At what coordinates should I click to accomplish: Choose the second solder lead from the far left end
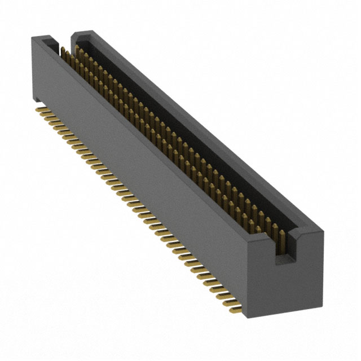pos(43,111)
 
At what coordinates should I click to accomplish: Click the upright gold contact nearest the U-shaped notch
pos(277,232)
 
